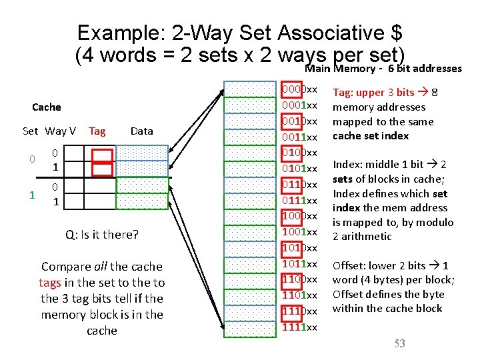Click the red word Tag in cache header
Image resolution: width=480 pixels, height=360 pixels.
pos(97,131)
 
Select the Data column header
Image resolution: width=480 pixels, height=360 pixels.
pos(141,131)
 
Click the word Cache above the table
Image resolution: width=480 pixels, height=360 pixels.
pos(46,107)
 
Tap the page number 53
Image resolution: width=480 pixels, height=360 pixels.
pos(399,343)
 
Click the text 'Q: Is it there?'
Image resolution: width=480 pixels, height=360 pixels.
pos(102,234)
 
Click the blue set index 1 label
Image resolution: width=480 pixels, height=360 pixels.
pos(31,195)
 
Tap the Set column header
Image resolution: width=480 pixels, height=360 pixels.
pos(30,131)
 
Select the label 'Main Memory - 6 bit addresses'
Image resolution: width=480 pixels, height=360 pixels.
pos(383,69)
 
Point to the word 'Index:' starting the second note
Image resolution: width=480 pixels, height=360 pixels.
pos(347,165)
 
